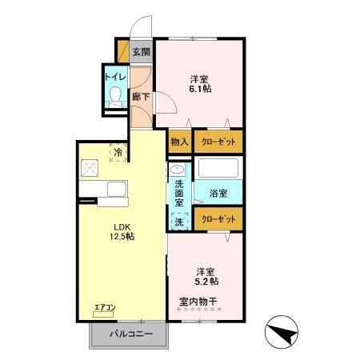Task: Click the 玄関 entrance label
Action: (141, 53)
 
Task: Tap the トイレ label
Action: (113, 78)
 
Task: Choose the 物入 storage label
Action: (179, 142)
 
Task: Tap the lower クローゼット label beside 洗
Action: (218, 218)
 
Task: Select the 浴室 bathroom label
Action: (218, 194)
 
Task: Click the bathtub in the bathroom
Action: (218, 170)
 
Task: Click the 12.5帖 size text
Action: (122, 237)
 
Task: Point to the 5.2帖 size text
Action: (207, 281)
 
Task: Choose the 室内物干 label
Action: (198, 302)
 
